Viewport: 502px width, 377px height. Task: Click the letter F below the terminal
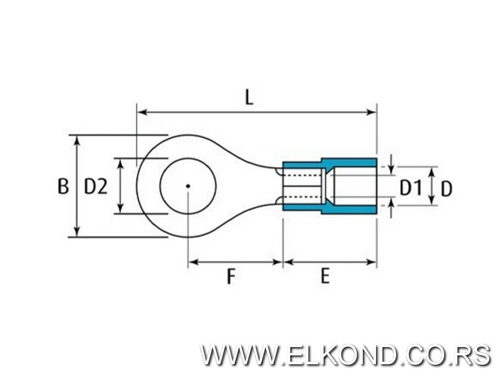231,276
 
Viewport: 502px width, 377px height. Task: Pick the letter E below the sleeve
325,276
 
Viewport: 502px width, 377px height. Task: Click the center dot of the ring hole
188,186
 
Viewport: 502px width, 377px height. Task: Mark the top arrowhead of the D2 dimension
121,163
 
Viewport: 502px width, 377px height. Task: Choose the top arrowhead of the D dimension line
432,172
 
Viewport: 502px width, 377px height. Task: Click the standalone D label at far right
446,189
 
